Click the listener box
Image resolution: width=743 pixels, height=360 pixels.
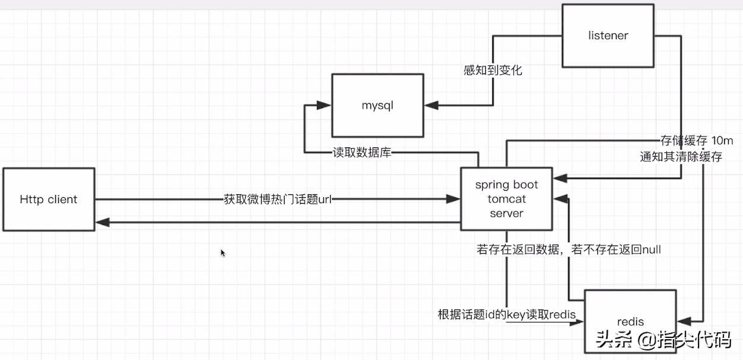pyautogui.click(x=608, y=36)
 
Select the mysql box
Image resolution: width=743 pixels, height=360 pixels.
pyautogui.click(x=378, y=106)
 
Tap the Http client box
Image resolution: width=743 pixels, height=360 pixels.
pyautogui.click(x=48, y=199)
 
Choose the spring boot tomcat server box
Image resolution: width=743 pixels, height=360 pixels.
pyautogui.click(x=507, y=199)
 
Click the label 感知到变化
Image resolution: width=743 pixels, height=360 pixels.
pyautogui.click(x=492, y=70)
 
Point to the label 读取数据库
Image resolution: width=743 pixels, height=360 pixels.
pyautogui.click(x=361, y=153)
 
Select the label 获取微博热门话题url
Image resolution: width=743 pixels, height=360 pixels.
pyautogui.click(x=277, y=200)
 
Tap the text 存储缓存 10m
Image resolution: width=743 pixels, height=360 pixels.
pyautogui.click(x=697, y=141)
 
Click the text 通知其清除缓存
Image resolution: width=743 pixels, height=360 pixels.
pyautogui.click(x=681, y=157)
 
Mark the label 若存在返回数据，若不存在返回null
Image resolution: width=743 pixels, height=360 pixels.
pyautogui.click(x=568, y=250)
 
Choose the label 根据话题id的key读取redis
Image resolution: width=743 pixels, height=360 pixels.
pyautogui.click(x=507, y=314)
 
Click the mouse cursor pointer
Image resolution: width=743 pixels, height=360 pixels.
pyautogui.click(x=223, y=252)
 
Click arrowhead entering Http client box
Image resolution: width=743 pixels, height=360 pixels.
pyautogui.click(x=102, y=222)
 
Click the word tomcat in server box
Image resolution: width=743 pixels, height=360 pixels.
pyautogui.click(x=507, y=199)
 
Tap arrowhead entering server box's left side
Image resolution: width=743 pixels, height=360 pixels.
pyautogui.click(x=454, y=200)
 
